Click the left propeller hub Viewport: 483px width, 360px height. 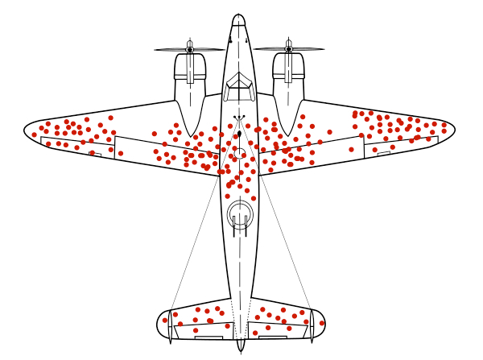pyautogui.click(x=190, y=50)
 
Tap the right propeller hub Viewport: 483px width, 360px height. pyautogui.click(x=288, y=50)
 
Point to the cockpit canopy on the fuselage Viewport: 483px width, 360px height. pyautogui.click(x=238, y=85)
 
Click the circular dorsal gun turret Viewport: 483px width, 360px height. pyautogui.click(x=240, y=214)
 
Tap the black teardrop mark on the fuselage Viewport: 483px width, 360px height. pyautogui.click(x=239, y=134)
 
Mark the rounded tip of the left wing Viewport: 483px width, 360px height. pyautogui.click(x=28, y=129)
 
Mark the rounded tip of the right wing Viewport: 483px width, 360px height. pyautogui.click(x=452, y=127)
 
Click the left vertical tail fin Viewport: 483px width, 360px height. pyautogui.click(x=170, y=326)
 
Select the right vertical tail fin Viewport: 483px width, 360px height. pyautogui.click(x=312, y=326)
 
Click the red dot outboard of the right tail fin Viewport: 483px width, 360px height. pyautogui.click(x=322, y=323)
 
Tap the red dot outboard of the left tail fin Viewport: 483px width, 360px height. pyautogui.click(x=164, y=320)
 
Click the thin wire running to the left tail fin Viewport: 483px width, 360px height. pyautogui.click(x=194, y=242)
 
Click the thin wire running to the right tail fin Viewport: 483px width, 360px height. pyautogui.click(x=286, y=242)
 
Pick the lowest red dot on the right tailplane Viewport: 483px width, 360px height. pyautogui.click(x=255, y=333)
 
